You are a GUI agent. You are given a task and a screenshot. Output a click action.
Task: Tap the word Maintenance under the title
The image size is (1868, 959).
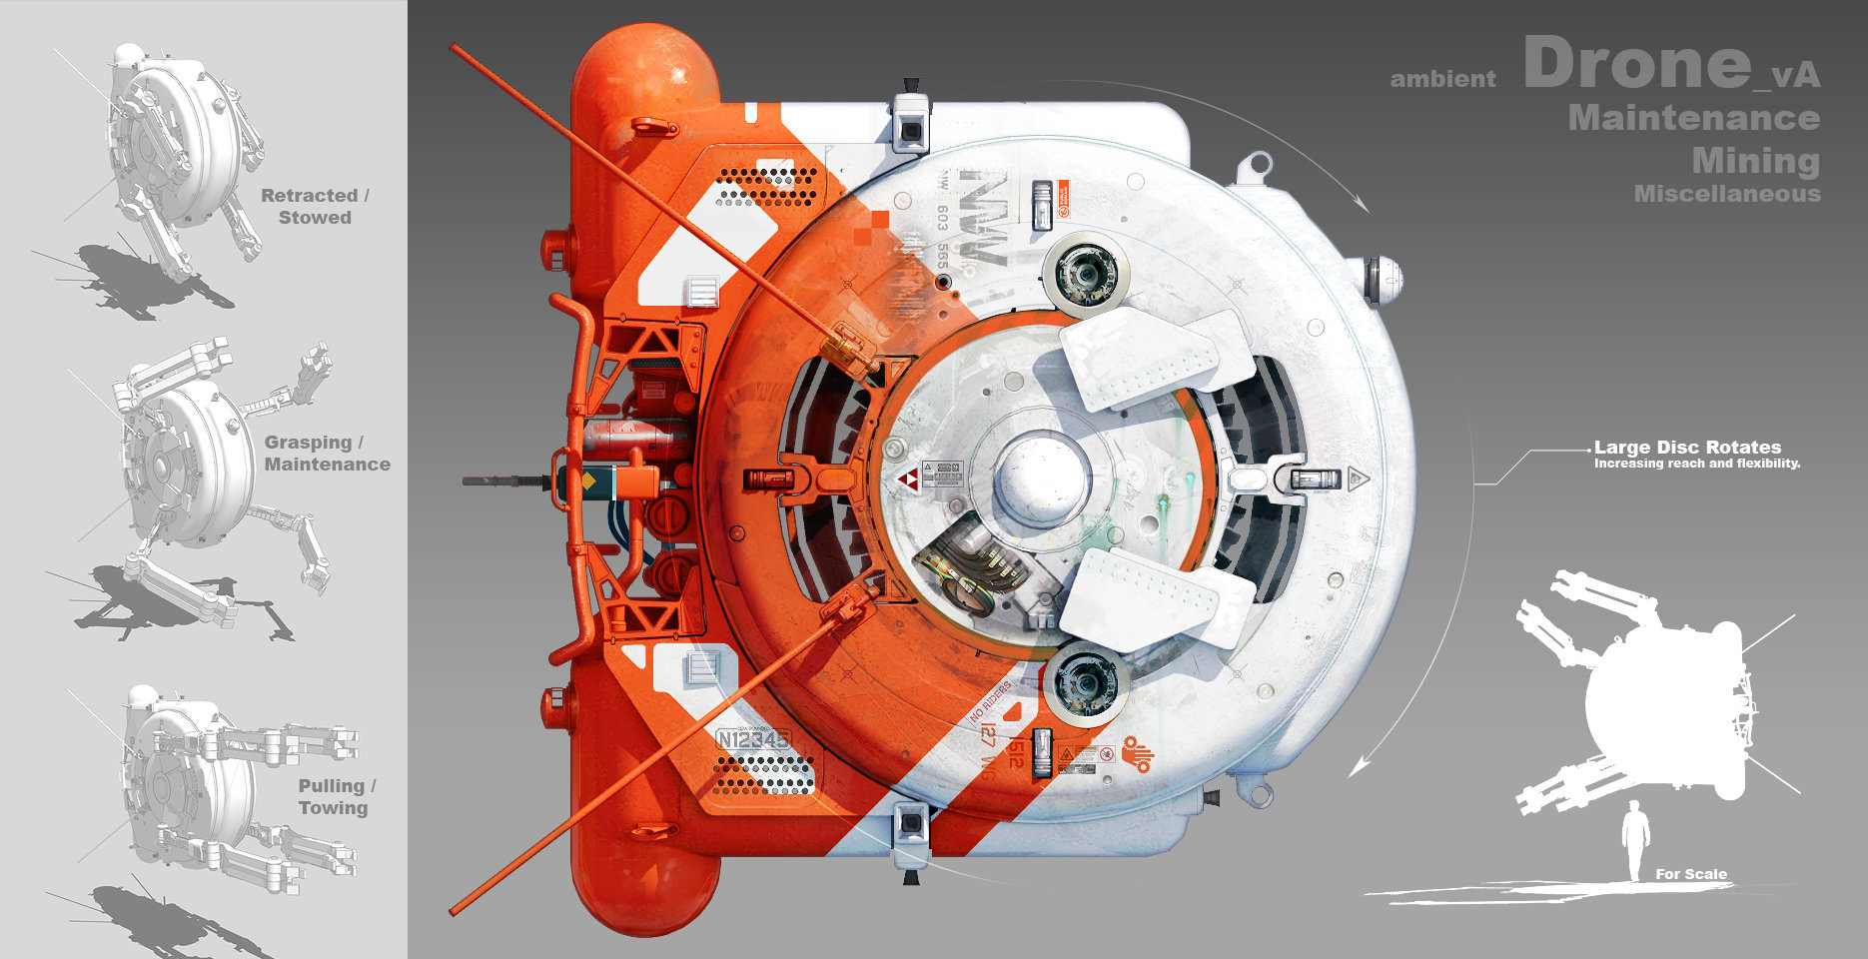click(1693, 118)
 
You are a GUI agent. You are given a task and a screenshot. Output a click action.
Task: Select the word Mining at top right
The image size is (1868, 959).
click(1755, 160)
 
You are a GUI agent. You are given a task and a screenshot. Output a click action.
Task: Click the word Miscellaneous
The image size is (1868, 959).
click(1726, 194)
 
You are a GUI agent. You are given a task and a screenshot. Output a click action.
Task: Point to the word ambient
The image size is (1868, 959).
click(1442, 79)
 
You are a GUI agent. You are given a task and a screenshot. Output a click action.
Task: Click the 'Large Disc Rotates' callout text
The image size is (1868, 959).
click(1687, 448)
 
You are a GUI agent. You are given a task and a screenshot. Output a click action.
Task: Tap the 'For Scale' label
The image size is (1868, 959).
click(1690, 874)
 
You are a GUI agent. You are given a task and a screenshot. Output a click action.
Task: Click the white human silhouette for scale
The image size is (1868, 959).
click(1635, 840)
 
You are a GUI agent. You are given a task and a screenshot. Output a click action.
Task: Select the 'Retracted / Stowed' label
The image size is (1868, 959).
click(315, 207)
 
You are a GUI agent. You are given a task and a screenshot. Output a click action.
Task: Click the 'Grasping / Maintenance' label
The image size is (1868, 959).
click(327, 454)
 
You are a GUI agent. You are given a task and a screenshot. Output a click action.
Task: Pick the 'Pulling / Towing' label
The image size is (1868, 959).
click(336, 797)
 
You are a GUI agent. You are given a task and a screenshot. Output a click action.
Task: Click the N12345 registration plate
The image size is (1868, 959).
click(753, 739)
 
